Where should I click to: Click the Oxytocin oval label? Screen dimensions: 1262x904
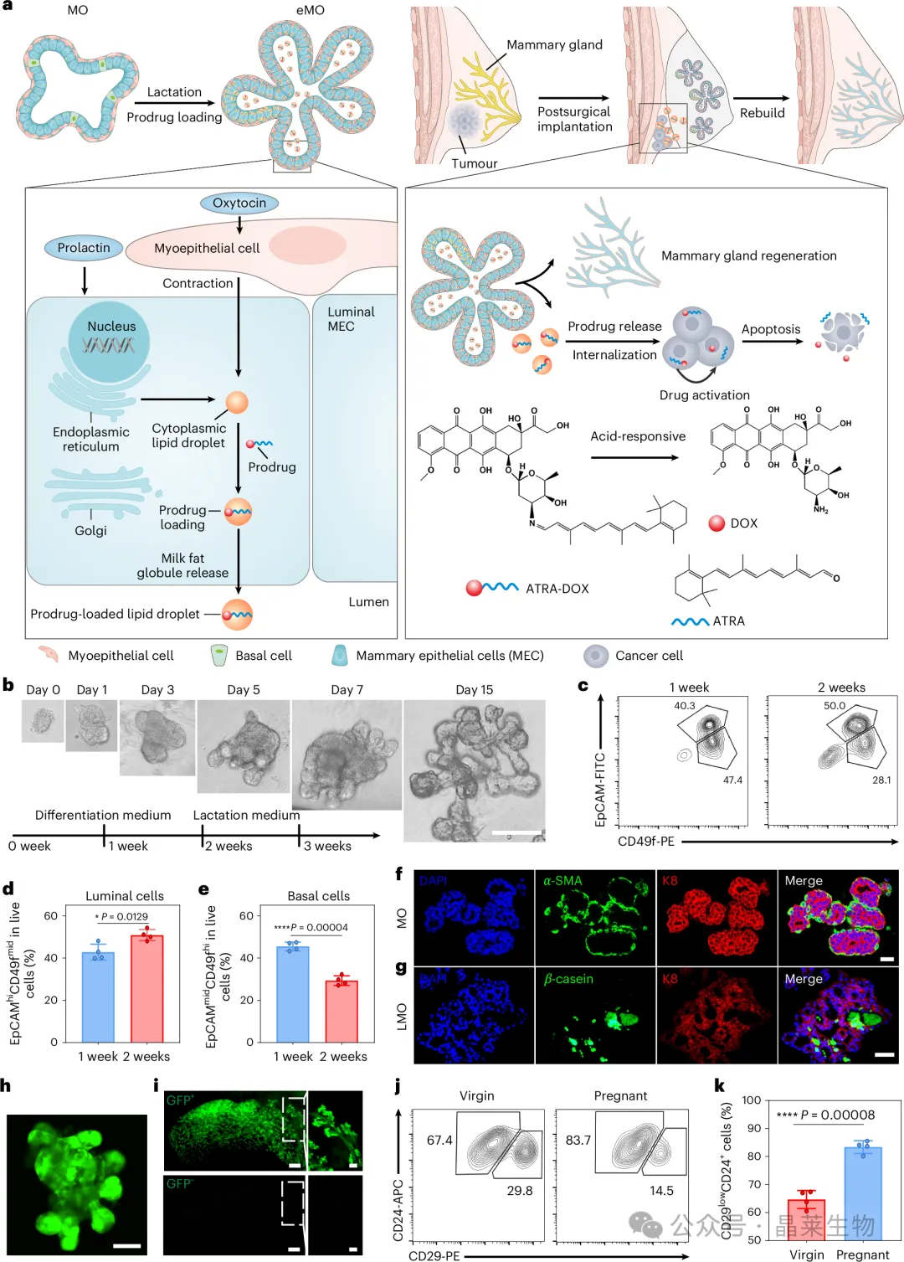click(239, 203)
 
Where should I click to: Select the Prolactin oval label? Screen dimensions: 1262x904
click(84, 248)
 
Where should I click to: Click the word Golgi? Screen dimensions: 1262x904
click(90, 530)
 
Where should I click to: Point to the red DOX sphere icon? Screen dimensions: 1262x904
click(717, 523)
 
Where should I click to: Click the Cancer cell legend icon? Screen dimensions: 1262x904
click(596, 656)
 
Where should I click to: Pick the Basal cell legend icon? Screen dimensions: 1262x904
click(219, 656)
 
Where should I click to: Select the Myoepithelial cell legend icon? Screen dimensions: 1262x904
click(48, 654)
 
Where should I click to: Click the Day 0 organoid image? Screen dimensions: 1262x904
click(42, 721)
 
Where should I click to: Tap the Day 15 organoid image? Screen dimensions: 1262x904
click(474, 770)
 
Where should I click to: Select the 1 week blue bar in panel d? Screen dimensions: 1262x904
click(98, 997)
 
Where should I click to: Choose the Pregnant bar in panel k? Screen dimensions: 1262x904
click(862, 1193)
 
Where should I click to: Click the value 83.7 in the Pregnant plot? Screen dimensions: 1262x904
click(578, 1140)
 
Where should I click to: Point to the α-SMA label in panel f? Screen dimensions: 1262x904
click(562, 881)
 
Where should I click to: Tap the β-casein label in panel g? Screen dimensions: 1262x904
click(568, 979)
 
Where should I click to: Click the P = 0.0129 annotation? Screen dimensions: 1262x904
click(122, 917)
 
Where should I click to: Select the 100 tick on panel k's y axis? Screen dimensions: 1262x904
click(752, 1100)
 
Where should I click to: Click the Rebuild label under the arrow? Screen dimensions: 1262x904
click(762, 113)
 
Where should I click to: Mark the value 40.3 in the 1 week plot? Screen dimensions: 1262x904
click(685, 706)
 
